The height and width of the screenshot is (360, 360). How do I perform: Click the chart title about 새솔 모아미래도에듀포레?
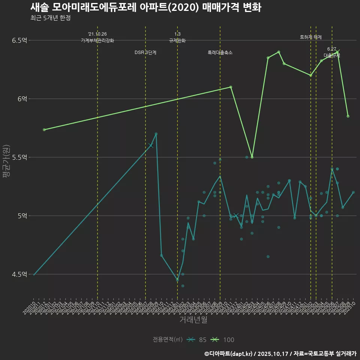[145, 8]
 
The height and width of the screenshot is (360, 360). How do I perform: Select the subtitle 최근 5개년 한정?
[50, 18]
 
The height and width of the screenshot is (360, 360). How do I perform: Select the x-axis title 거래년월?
[193, 320]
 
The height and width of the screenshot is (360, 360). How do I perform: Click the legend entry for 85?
[197, 340]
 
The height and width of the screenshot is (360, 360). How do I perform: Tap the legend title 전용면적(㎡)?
[167, 340]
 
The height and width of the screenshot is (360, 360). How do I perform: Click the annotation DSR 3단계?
[145, 53]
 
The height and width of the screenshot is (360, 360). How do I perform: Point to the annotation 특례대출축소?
[220, 53]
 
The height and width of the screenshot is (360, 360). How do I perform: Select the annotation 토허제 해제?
[311, 37]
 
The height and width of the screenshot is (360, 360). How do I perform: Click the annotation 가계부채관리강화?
[97, 40]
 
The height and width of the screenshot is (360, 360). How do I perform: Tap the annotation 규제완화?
[177, 40]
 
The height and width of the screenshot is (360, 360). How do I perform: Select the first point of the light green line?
[44, 130]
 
